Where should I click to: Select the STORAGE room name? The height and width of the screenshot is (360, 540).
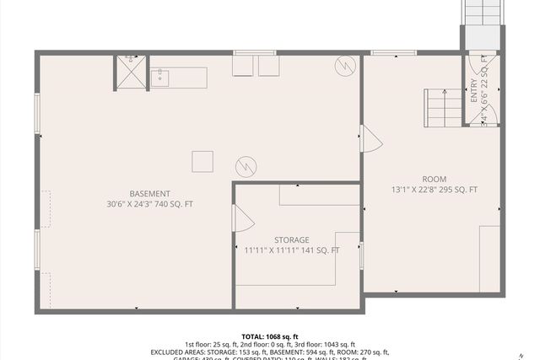click(x=292, y=239)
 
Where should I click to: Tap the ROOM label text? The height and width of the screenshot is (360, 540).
click(x=435, y=179)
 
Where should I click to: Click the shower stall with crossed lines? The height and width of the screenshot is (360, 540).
click(x=131, y=72)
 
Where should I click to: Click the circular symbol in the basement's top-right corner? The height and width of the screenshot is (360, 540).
click(x=345, y=65)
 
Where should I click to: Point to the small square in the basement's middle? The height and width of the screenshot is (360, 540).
click(x=202, y=161)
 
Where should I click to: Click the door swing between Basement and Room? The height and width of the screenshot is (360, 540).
click(x=370, y=140)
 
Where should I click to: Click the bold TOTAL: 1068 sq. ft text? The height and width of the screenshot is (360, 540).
click(x=270, y=336)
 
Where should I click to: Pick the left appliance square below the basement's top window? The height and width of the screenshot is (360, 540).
click(x=243, y=67)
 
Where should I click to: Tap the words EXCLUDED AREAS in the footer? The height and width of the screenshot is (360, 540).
click(x=181, y=352)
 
